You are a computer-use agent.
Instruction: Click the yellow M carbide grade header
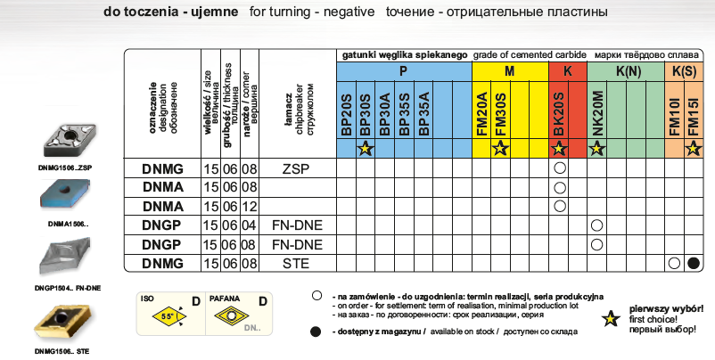click(x=509, y=70)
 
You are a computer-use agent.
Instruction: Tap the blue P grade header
click(x=403, y=70)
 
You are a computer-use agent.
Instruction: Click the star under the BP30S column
click(x=364, y=150)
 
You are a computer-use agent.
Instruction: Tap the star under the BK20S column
click(x=560, y=150)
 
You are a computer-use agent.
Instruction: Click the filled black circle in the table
click(x=694, y=263)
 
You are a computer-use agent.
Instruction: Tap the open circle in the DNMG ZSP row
click(x=560, y=168)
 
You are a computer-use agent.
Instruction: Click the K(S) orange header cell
click(x=684, y=70)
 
